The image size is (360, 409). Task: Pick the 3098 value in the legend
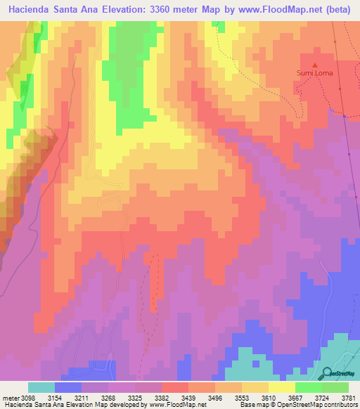(27, 398)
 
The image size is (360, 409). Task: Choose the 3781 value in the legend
(349, 398)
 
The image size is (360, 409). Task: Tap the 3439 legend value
(188, 398)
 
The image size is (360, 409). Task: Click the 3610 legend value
(269, 398)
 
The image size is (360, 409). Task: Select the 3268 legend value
(108, 398)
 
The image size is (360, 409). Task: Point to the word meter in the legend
(10, 398)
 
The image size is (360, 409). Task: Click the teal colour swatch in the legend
(41, 387)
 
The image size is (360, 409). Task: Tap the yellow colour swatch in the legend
(281, 387)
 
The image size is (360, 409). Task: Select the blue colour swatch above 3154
(67, 387)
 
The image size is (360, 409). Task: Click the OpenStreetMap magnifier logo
(326, 372)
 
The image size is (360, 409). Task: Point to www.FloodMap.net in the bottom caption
(177, 405)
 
